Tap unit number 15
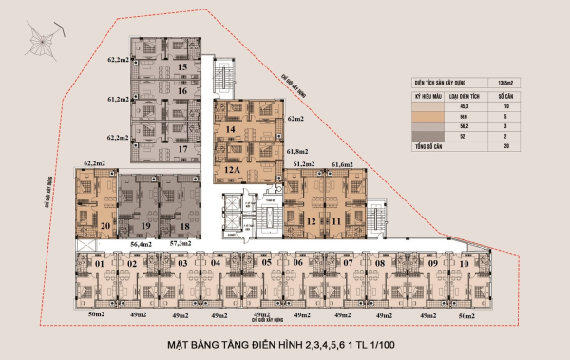point(181,67)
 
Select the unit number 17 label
point(181,148)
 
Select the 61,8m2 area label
point(297,150)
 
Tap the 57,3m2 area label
point(182,244)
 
